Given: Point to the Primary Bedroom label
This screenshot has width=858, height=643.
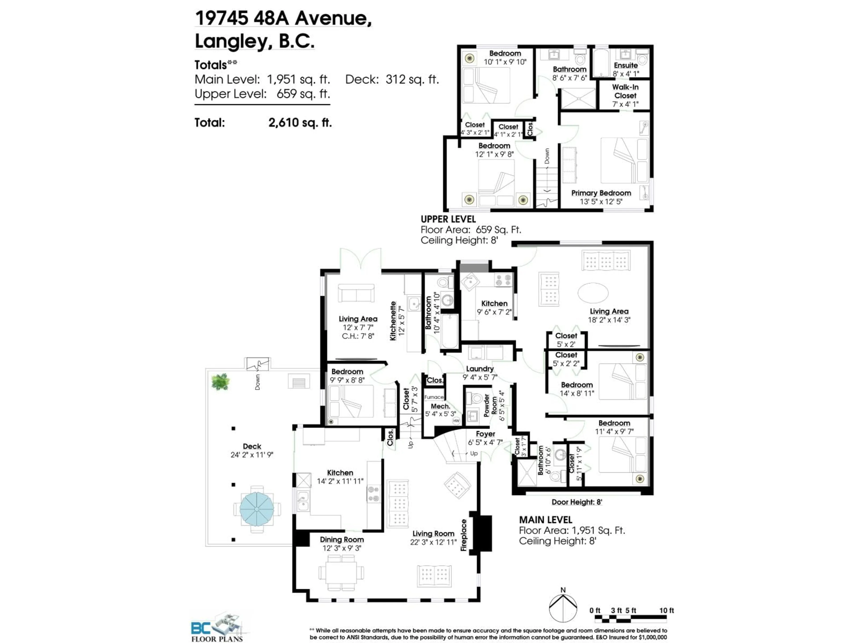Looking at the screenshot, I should [601, 193].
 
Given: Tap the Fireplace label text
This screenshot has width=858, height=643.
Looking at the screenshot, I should [464, 535].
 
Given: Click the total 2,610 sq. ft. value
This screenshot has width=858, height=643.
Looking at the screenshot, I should [300, 123].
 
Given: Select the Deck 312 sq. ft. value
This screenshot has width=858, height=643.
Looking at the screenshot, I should [412, 79].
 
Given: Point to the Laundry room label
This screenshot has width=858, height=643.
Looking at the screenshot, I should [479, 369].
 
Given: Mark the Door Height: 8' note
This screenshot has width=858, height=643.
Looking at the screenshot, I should [577, 502].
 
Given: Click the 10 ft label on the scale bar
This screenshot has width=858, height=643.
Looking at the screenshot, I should [666, 610].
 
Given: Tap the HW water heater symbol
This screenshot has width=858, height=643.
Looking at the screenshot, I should [456, 421].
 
